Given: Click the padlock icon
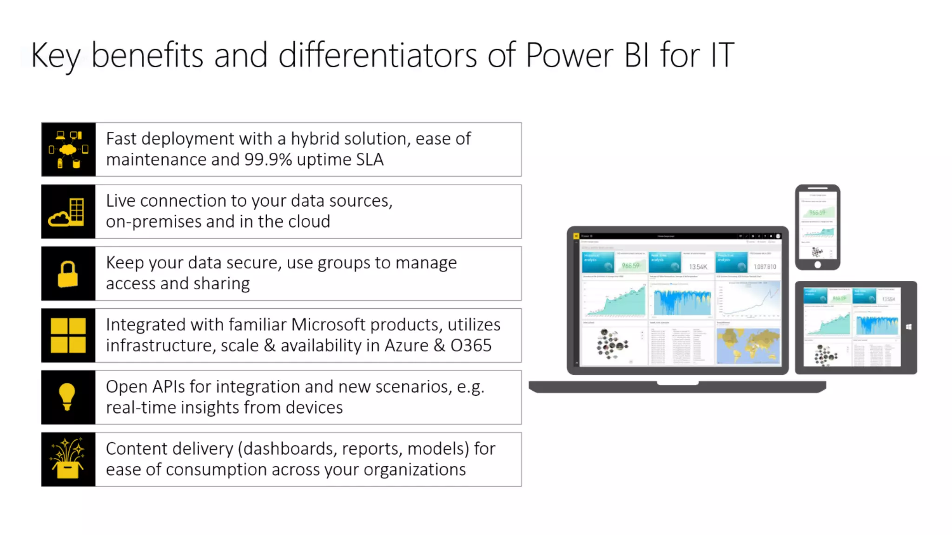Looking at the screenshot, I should [68, 274].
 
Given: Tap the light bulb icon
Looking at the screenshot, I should [67, 397].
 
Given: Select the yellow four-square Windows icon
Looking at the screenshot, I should [68, 335].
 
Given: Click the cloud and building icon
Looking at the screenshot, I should [68, 212].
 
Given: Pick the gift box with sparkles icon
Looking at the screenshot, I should [68, 459].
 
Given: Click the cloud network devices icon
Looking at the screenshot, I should [68, 149].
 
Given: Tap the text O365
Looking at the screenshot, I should [470, 346].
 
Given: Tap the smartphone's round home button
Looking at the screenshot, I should [818, 265].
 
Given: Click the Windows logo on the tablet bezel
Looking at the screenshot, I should [909, 327].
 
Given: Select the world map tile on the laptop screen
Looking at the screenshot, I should [747, 346].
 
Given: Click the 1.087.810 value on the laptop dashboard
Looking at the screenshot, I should [765, 267].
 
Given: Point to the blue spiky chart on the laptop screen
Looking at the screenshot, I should [682, 302].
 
